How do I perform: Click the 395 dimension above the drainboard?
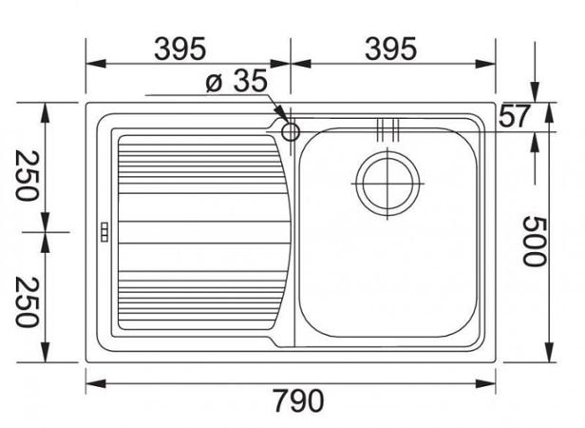tap(180, 45)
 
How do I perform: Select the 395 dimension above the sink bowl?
tap(390, 45)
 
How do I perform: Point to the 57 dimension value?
tap(514, 116)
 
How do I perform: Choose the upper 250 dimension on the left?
tap(27, 175)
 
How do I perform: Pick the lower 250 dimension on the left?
tap(27, 299)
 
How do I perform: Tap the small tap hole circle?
tap(291, 130)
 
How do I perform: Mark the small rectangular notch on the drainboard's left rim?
tap(104, 231)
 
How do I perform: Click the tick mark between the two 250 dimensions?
tap(46, 231)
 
